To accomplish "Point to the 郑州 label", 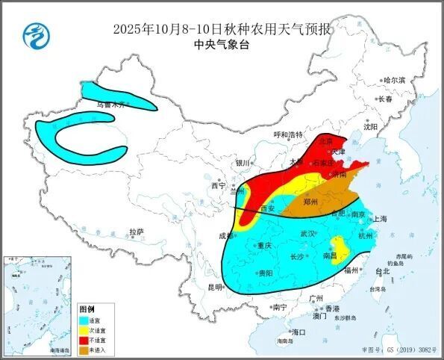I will click(309, 202).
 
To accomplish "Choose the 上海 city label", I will click(380, 219).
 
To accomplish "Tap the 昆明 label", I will click(214, 287).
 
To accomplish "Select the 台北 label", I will click(382, 272).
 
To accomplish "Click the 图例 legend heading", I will click(87, 309).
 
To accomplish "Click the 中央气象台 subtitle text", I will click(222, 44).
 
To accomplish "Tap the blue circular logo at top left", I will click(34, 33).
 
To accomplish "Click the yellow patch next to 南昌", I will click(340, 246).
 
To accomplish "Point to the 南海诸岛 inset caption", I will click(57, 350).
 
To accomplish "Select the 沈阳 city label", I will click(371, 127).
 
